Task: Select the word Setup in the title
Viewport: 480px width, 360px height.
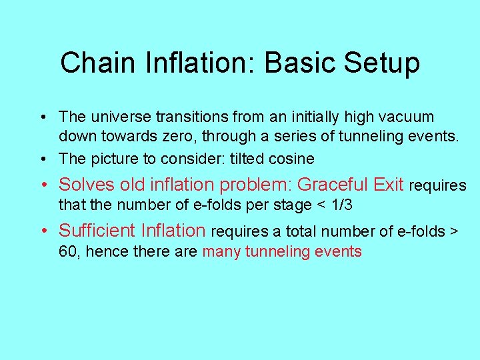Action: click(x=382, y=63)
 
